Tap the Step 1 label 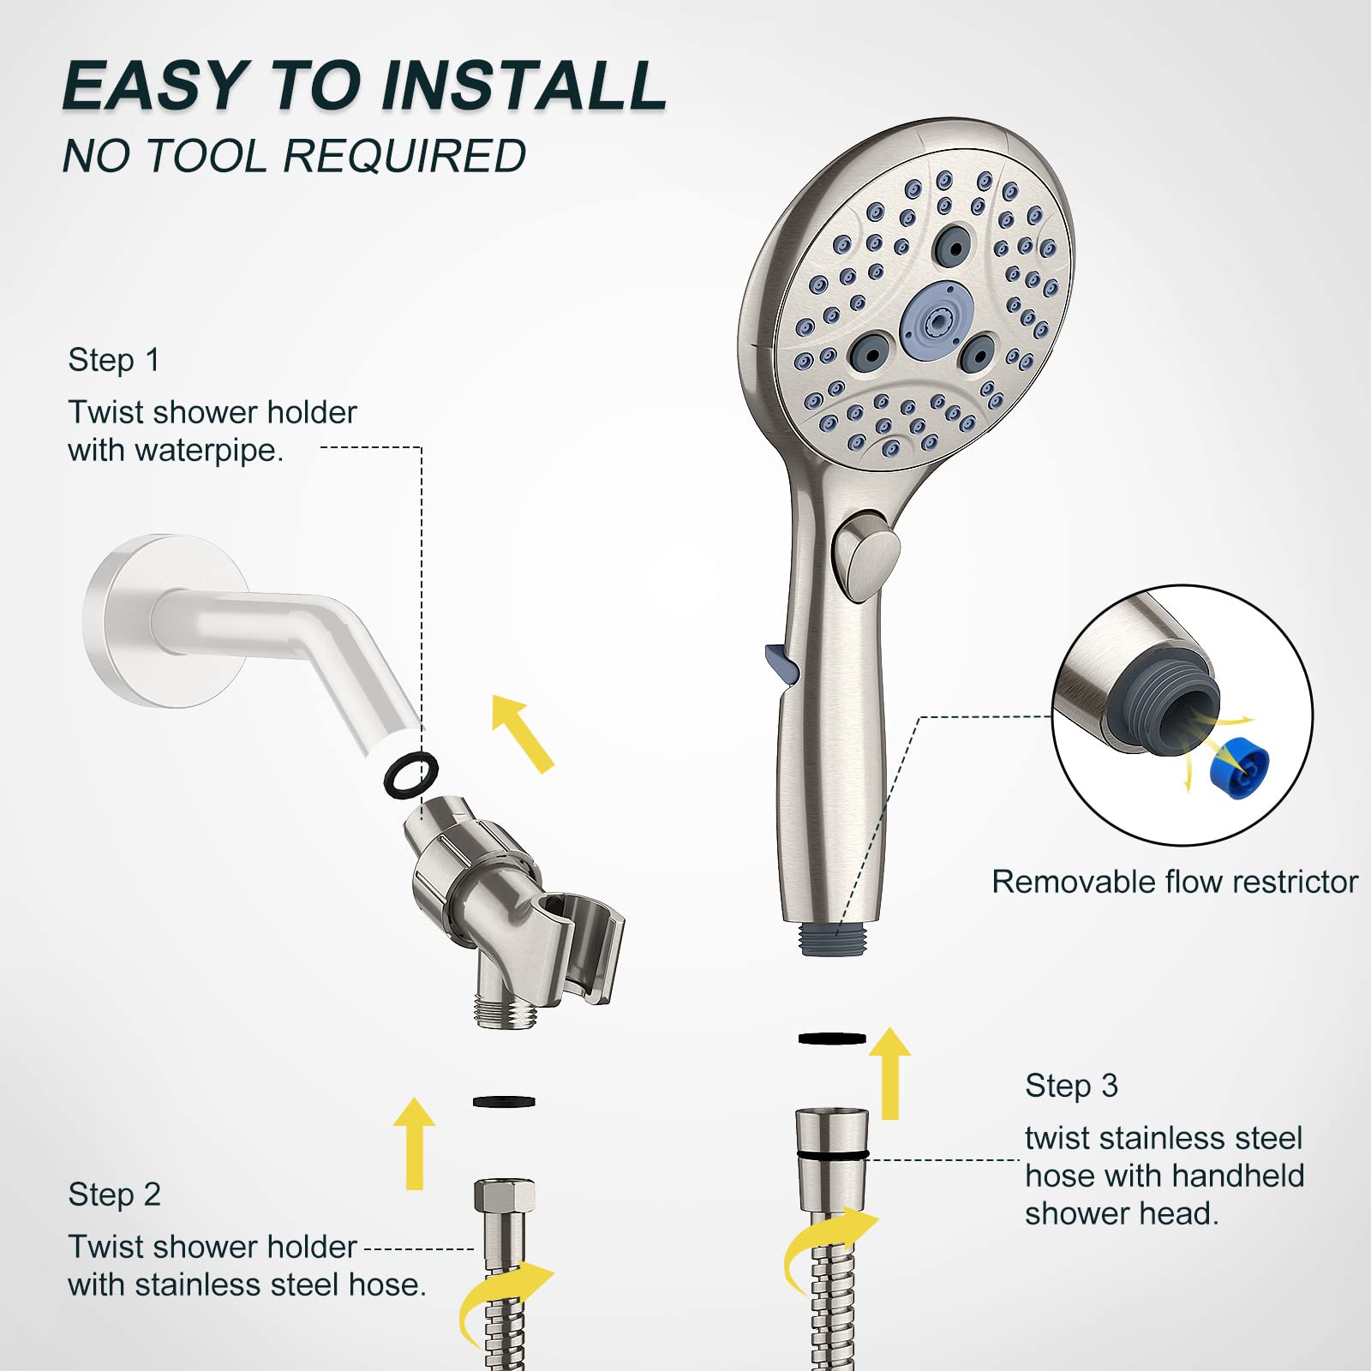[114, 360]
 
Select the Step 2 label [115, 1194]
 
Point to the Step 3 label [1071, 1086]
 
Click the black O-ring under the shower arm [410, 775]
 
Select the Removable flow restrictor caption [1174, 882]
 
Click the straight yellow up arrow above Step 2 [415, 1143]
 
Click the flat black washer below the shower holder [504, 1101]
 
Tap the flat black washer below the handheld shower [831, 1039]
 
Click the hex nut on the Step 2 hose [504, 1195]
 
